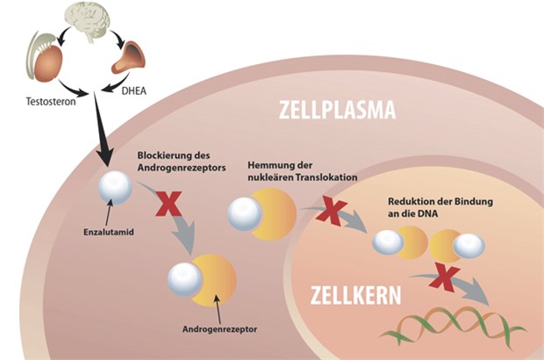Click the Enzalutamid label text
[97, 234]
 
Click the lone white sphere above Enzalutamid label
[115, 188]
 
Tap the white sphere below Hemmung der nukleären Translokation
[245, 213]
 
